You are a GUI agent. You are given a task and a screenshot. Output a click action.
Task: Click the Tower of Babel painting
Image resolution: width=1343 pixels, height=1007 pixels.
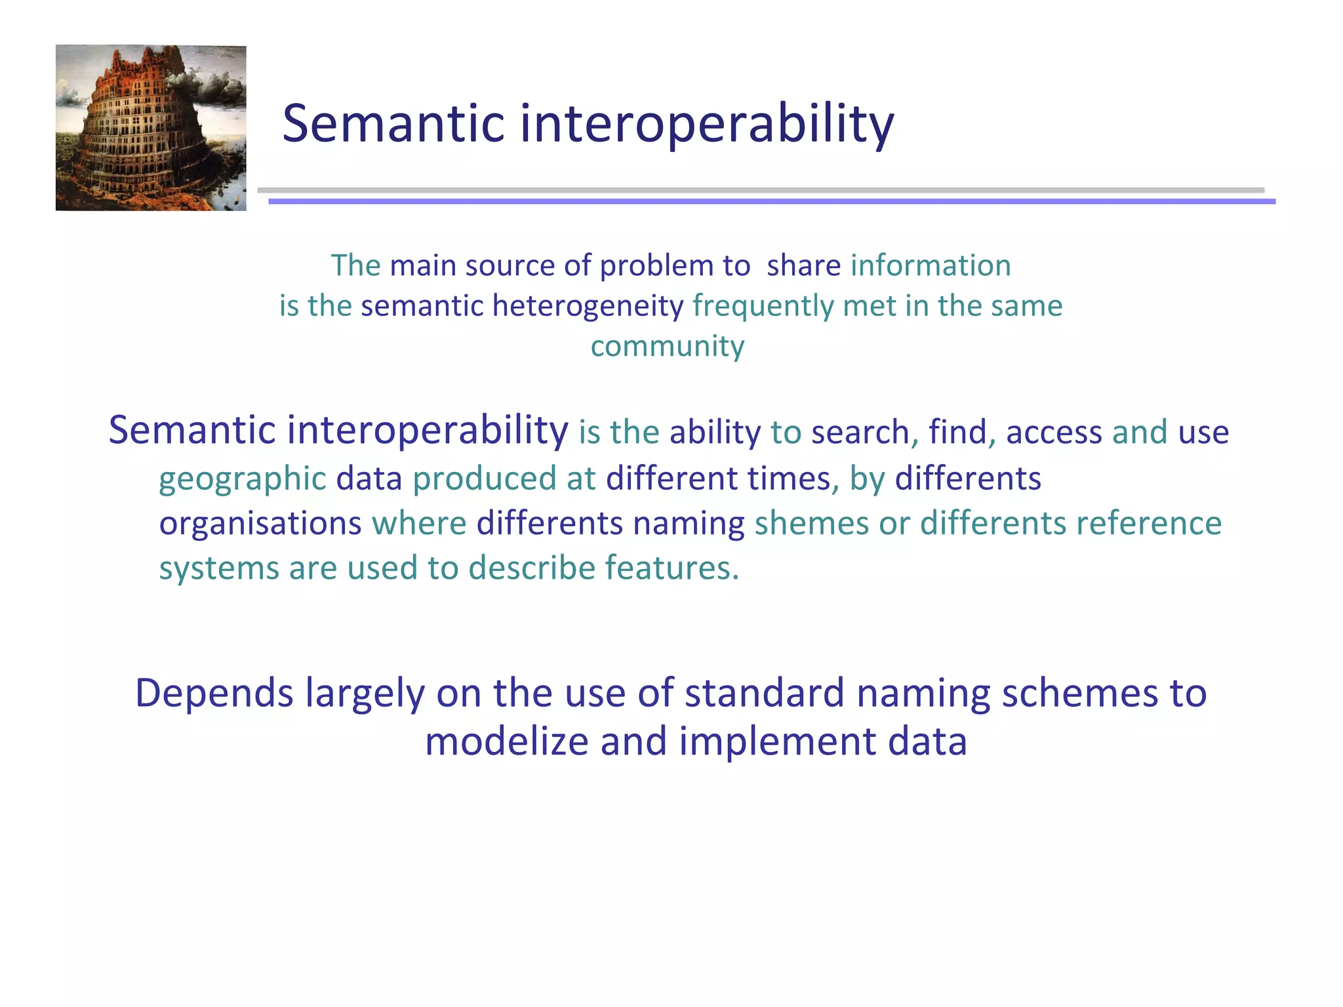[151, 128]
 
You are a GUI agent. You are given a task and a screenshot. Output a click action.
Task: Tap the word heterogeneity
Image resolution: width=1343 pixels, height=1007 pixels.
[588, 306]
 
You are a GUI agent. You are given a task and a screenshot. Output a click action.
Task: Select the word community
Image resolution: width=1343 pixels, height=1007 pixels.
[667, 346]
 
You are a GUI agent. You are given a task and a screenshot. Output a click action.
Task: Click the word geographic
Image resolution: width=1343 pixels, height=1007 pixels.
[243, 479]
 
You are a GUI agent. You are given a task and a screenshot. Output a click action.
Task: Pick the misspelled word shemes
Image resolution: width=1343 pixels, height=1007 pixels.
[811, 523]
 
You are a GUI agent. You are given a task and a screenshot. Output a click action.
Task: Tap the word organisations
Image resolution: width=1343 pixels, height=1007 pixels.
[260, 523]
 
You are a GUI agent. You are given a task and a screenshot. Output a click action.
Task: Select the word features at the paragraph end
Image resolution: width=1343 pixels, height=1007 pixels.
[671, 568]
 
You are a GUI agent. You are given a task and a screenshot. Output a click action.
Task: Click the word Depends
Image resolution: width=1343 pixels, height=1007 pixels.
[214, 694]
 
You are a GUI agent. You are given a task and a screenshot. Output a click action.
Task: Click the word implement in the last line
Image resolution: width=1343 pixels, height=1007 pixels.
[777, 741]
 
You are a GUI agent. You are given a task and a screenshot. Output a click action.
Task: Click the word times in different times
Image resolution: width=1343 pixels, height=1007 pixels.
[792, 479]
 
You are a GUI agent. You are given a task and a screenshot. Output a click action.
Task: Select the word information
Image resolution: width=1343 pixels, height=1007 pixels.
[930, 266]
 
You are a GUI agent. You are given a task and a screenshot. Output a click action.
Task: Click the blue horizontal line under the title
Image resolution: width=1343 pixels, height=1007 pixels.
[771, 202]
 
